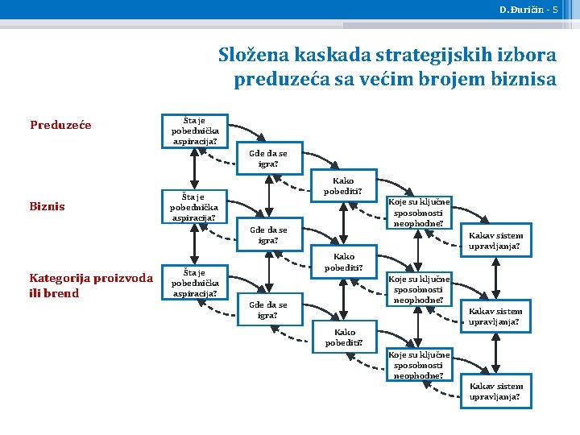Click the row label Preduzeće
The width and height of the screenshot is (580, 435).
(60, 125)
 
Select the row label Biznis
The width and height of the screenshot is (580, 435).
(48, 206)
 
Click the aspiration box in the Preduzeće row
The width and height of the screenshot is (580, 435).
(194, 130)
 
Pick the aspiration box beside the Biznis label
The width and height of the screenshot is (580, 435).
(194, 207)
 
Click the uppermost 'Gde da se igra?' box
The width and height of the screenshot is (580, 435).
(268, 159)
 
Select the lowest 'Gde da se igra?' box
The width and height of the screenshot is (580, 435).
(268, 310)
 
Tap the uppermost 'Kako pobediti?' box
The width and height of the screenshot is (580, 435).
(344, 186)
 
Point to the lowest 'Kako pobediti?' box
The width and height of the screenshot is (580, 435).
(344, 338)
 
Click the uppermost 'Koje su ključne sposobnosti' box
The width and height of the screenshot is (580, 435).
(420, 213)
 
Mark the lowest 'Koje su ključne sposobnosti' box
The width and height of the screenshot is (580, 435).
(420, 365)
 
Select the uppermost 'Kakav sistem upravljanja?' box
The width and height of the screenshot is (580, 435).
(495, 241)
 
